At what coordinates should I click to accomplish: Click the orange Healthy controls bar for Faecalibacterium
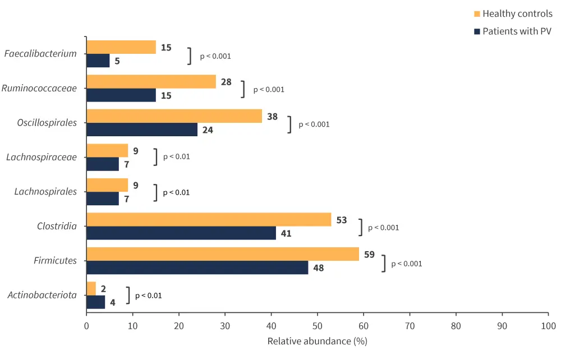(x=121, y=47)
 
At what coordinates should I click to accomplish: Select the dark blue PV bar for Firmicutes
(x=197, y=267)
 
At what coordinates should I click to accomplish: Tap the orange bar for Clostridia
(x=209, y=219)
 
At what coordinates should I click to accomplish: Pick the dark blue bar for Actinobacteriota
(x=95, y=302)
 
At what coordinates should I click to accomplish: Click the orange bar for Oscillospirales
(x=174, y=116)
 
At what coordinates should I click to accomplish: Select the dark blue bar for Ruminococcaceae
(x=121, y=95)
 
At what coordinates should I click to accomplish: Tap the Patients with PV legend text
(x=517, y=31)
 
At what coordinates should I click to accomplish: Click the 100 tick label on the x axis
(x=548, y=326)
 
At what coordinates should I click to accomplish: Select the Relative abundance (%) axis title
(x=317, y=341)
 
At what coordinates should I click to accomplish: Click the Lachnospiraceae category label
(x=42, y=157)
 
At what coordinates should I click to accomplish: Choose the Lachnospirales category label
(x=45, y=192)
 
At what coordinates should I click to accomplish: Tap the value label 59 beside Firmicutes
(x=369, y=255)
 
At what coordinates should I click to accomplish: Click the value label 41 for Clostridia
(x=286, y=233)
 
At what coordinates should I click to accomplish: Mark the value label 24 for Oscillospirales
(x=208, y=130)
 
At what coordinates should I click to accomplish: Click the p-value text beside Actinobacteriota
(x=148, y=296)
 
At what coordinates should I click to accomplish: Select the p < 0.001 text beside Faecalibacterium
(x=215, y=56)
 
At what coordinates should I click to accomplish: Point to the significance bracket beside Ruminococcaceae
(x=243, y=89)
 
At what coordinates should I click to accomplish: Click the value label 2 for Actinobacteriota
(x=103, y=289)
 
